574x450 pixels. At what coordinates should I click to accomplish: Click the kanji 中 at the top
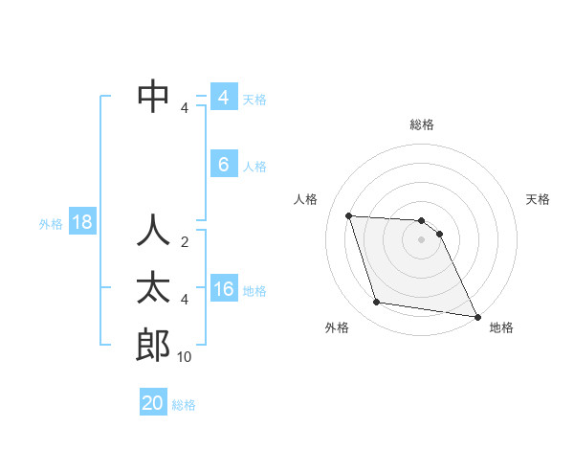(153, 96)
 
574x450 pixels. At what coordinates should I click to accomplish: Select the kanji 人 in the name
(153, 231)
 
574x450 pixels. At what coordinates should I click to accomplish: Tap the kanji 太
(153, 288)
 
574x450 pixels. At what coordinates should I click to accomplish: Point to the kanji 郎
(153, 345)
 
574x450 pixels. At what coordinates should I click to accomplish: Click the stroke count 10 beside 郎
(185, 357)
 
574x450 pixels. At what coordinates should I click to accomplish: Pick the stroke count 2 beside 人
(185, 242)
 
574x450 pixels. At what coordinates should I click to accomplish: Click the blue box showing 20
(153, 403)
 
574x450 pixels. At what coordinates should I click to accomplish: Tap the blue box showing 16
(224, 289)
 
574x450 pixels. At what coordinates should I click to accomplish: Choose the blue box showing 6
(224, 165)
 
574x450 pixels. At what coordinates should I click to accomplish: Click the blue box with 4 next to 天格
(224, 98)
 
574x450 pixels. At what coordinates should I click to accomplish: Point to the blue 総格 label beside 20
(184, 405)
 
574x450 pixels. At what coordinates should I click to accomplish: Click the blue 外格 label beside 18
(51, 224)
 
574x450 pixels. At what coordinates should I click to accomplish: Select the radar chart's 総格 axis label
(422, 124)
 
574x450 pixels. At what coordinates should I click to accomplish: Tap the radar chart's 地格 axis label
(501, 327)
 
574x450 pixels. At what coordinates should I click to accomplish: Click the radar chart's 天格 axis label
(539, 199)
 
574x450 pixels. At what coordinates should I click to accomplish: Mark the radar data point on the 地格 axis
(476, 315)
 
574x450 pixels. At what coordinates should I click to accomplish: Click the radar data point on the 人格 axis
(348, 215)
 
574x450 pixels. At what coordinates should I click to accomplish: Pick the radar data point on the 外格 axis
(377, 303)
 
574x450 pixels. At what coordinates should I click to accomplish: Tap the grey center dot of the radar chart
(422, 240)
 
